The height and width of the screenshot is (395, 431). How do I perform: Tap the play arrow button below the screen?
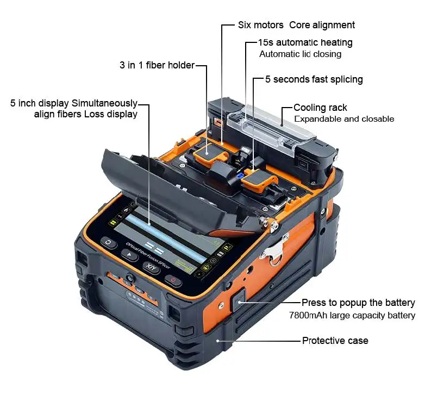tap(129, 256)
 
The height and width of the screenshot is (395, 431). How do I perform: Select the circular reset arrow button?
tap(109, 244)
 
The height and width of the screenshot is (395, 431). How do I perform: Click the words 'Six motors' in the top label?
tap(261, 25)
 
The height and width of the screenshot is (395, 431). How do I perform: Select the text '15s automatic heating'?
tap(306, 42)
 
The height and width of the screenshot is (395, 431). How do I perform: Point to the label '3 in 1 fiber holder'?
tap(157, 65)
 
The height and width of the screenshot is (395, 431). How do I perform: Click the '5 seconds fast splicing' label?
tap(314, 79)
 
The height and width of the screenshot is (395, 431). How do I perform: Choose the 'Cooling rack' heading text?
tap(320, 108)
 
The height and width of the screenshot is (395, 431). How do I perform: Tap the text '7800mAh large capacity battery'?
tap(352, 315)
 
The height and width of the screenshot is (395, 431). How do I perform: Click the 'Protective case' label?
tap(335, 341)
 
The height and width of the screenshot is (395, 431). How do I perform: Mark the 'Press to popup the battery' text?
tap(358, 303)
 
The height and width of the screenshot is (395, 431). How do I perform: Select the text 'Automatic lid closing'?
tap(300, 54)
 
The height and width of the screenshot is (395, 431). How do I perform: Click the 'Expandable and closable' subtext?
tap(343, 118)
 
